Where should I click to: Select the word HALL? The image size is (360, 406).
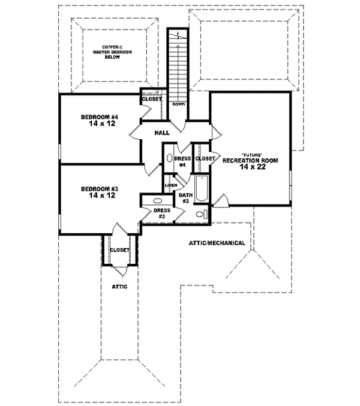(x=161, y=133)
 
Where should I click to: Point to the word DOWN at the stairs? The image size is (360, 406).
(x=178, y=104)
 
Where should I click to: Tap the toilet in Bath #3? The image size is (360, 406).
(x=205, y=213)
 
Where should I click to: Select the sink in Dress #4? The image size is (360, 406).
(x=170, y=160)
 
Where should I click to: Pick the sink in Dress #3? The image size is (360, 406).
(x=157, y=202)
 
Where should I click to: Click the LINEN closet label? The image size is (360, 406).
(x=170, y=185)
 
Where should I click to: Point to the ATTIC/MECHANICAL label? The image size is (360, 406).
(x=216, y=243)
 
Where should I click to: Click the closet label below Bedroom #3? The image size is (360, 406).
(x=119, y=249)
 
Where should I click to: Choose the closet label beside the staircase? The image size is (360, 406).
(x=151, y=98)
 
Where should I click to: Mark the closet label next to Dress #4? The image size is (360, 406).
(x=205, y=158)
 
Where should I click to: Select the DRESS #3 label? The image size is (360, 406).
(x=162, y=213)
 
